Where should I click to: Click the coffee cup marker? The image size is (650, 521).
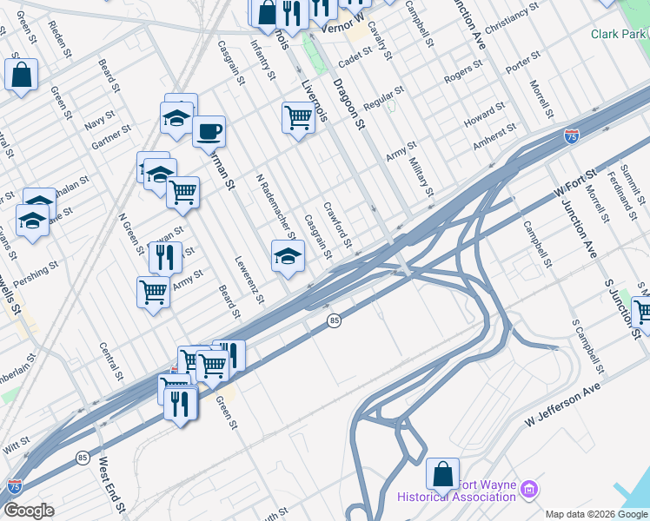coord(209,132)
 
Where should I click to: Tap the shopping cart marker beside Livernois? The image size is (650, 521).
coord(298,116)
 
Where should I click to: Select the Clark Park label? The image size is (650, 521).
coord(619,34)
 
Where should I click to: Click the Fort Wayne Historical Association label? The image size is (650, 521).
coord(456,491)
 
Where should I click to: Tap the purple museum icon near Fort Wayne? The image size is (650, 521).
coord(528,492)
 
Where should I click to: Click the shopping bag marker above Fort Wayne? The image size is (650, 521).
coord(442,474)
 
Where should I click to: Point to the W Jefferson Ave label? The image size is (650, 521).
coord(563,406)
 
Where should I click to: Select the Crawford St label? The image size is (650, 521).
coord(336,224)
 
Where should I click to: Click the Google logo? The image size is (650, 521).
coord(29,511)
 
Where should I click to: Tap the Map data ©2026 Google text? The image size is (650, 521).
coord(596,514)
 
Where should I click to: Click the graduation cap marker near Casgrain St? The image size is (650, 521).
coord(289,255)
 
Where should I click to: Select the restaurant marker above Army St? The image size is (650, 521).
coord(163,257)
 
